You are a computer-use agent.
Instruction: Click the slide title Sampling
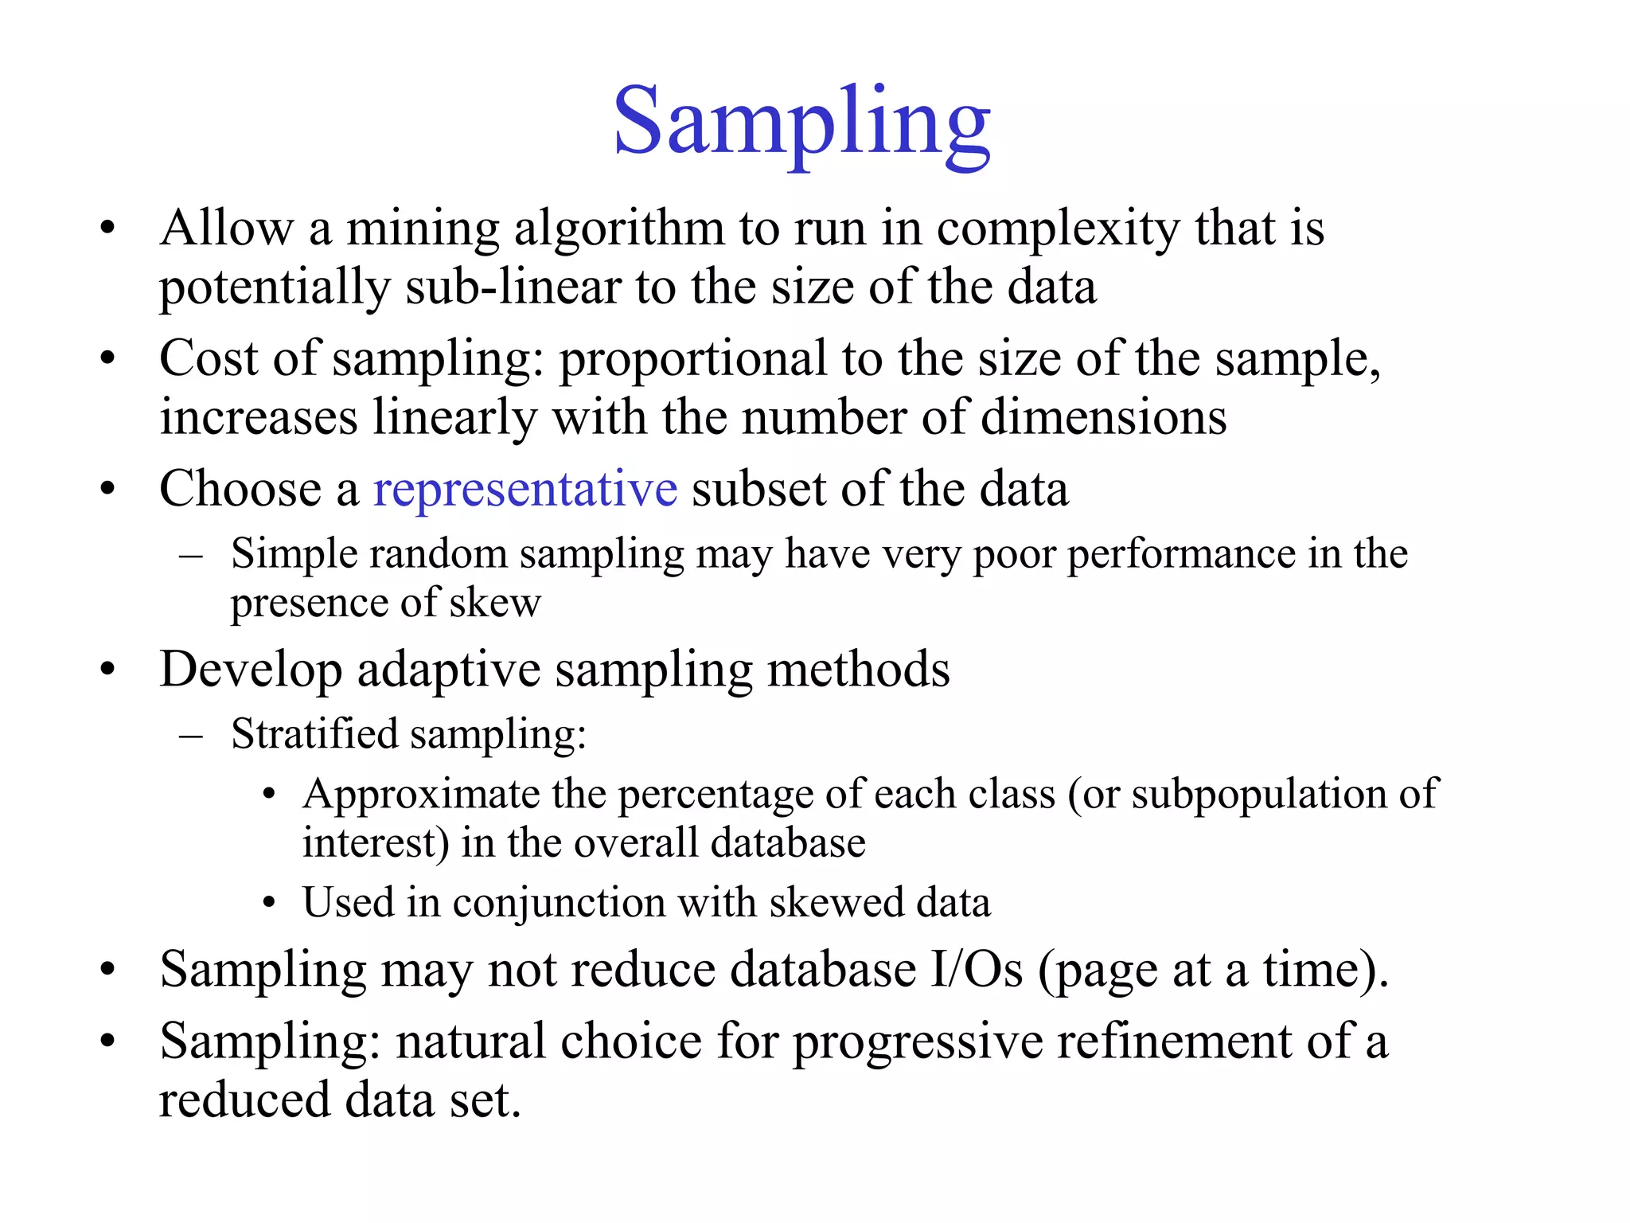pyautogui.click(x=801, y=123)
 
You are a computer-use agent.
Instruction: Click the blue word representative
pyautogui.click(x=525, y=488)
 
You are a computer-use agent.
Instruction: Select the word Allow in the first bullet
pyautogui.click(x=227, y=228)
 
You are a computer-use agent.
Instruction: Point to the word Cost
pyautogui.click(x=209, y=358)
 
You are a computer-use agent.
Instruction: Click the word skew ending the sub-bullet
pyautogui.click(x=495, y=603)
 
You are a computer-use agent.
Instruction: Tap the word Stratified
pyautogui.click(x=314, y=733)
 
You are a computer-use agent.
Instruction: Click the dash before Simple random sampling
pyautogui.click(x=191, y=554)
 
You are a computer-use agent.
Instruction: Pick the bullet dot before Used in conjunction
pyautogui.click(x=270, y=904)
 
